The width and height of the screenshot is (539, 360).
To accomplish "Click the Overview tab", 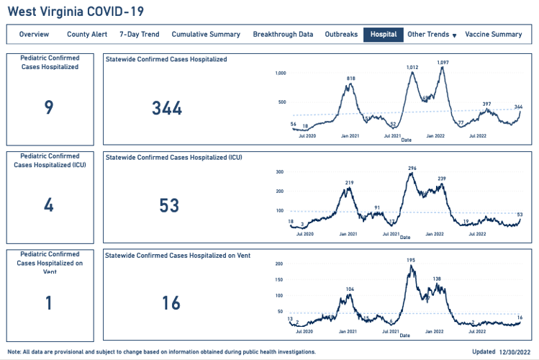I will tap(34, 35).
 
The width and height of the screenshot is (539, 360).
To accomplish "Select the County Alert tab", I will tap(87, 35).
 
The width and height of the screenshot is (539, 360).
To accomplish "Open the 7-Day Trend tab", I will tap(139, 35).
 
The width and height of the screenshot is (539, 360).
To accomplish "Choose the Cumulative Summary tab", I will tap(206, 35).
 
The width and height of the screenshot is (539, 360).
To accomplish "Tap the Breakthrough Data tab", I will tap(283, 35).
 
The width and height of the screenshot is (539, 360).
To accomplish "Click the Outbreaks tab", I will tap(341, 35).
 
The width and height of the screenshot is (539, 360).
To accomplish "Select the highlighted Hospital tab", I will tap(383, 35).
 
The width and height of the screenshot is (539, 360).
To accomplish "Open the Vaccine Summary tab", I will tap(493, 35).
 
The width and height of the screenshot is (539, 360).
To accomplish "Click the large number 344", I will tap(167, 109).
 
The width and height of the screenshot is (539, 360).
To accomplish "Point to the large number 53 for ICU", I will tap(169, 206).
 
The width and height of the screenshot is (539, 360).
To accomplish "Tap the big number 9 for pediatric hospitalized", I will tap(49, 108).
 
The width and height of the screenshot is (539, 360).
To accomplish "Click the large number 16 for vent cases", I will tap(171, 303).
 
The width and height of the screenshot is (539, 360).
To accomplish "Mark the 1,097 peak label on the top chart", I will tap(443, 62).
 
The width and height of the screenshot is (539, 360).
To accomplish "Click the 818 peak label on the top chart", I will tap(351, 78).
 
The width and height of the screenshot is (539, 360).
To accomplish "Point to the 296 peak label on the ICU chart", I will tap(412, 168).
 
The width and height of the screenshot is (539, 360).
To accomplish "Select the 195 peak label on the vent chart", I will tap(411, 260).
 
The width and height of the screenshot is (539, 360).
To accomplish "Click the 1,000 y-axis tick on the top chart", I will tap(281, 73).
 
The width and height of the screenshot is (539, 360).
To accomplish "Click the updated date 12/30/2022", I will tap(515, 352).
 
